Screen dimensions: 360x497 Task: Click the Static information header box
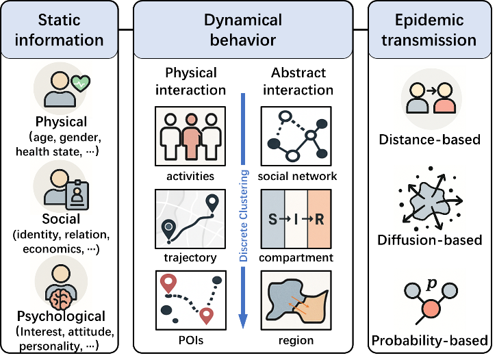tap(60, 29)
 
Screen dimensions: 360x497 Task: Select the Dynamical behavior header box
tap(243, 29)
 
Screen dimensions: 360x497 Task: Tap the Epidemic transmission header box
tap(429, 29)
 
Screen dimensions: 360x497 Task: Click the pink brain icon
tap(62, 298)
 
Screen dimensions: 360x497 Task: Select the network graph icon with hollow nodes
tap(296, 136)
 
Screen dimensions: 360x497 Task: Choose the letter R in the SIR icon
tap(320, 219)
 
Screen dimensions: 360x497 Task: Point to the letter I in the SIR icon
tap(296, 219)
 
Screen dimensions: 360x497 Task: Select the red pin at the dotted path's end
tap(207, 317)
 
